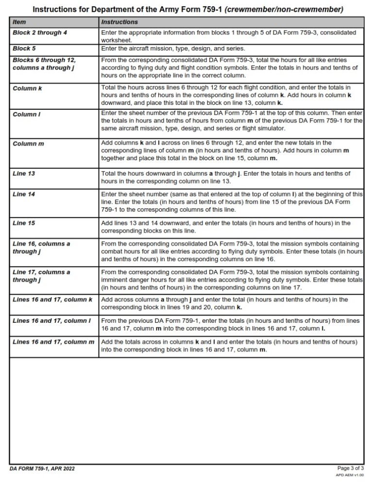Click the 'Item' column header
(x=19, y=22)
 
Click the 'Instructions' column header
(x=119, y=22)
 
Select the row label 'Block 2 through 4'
(x=40, y=33)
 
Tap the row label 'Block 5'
(x=24, y=49)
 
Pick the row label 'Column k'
(x=27, y=88)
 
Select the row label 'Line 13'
(x=24, y=173)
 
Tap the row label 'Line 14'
(x=24, y=194)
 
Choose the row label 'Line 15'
(x=24, y=223)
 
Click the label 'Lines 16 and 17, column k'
(x=52, y=300)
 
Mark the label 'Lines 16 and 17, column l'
(x=52, y=321)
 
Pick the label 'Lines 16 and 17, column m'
(x=53, y=342)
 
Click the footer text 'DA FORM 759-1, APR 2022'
(x=42, y=469)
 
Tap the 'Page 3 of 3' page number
(x=350, y=468)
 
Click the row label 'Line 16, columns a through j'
(x=41, y=248)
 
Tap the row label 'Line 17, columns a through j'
(x=41, y=276)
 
